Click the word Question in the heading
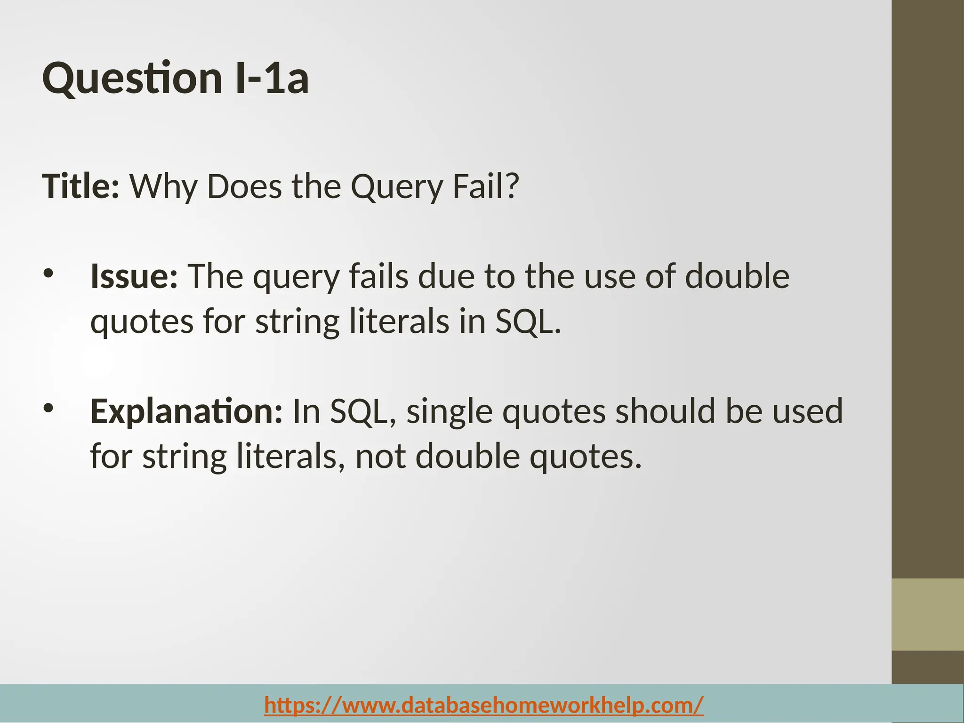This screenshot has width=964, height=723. tap(132, 79)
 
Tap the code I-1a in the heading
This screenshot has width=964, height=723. tap(272, 78)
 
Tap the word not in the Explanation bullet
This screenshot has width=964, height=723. tap(380, 457)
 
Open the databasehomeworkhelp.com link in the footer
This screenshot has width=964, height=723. tap(484, 705)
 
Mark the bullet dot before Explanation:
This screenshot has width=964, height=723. tap(48, 408)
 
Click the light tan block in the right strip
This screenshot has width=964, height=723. tap(927, 615)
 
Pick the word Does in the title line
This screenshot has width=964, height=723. tap(244, 186)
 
